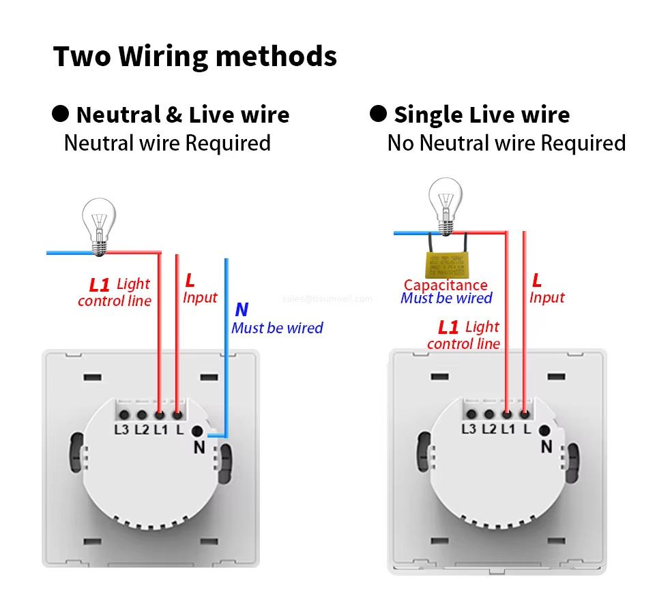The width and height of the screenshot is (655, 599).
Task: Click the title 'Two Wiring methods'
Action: coord(195,57)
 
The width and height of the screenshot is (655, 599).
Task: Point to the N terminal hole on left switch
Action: coord(198,431)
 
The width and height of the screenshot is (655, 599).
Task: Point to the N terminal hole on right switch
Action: coord(544,430)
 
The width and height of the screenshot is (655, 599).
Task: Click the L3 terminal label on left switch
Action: coord(121,429)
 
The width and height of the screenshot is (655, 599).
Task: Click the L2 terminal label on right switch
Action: coord(489,429)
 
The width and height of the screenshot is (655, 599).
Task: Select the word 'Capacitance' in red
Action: coord(446,286)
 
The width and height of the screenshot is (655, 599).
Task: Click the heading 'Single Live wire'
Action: coord(481,114)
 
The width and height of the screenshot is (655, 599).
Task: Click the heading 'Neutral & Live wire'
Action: coord(183,114)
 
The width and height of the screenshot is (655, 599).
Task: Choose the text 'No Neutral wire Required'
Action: coord(506,143)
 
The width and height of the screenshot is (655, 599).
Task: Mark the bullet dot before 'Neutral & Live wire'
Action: coord(61,114)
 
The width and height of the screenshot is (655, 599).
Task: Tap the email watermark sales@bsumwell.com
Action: coord(327,298)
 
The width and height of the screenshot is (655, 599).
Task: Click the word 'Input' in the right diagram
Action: coord(547,298)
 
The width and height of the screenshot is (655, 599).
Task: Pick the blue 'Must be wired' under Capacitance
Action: coord(446,298)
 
